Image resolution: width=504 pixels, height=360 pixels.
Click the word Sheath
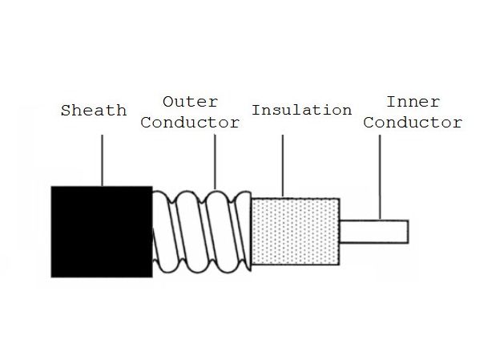click(x=94, y=110)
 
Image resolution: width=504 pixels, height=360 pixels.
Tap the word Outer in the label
click(x=190, y=102)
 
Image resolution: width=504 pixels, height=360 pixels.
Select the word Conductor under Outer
click(x=196, y=123)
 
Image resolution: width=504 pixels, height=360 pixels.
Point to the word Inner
click(x=412, y=102)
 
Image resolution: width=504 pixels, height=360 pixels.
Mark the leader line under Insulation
click(x=283, y=164)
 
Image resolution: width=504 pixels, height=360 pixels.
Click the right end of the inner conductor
click(x=405, y=231)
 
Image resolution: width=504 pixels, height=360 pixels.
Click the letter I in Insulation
click(x=256, y=110)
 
